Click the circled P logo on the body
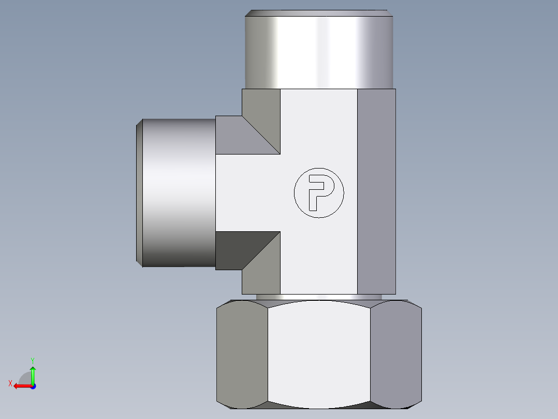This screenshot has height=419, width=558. pyautogui.click(x=318, y=192)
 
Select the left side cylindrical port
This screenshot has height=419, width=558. pyautogui.click(x=179, y=192)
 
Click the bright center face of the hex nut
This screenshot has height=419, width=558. pyautogui.click(x=319, y=353)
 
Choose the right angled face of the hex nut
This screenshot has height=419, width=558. pyautogui.click(x=396, y=353)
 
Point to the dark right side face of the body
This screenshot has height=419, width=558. pyautogui.click(x=376, y=192)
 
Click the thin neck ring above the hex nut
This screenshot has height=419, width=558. pyautogui.click(x=319, y=297)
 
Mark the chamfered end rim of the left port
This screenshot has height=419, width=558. pyautogui.click(x=139, y=192)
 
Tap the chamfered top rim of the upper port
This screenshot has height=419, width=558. pyautogui.click(x=319, y=13)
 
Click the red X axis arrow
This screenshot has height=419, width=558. pyautogui.click(x=21, y=386)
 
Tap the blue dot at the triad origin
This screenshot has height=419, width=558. pyautogui.click(x=33, y=386)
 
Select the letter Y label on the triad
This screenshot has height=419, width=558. pyautogui.click(x=33, y=360)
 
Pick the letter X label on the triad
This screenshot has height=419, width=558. pyautogui.click(x=10, y=383)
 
